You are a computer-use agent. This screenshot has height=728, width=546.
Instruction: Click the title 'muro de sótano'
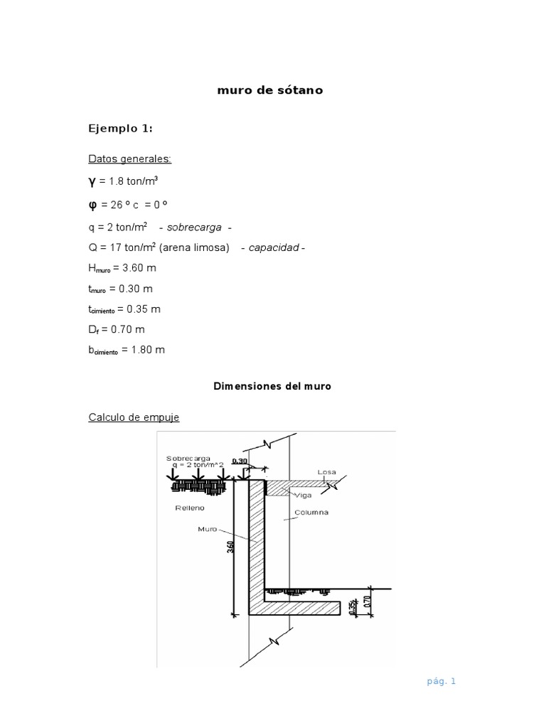click(x=269, y=91)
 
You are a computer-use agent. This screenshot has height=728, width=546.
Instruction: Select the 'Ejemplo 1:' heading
click(x=120, y=129)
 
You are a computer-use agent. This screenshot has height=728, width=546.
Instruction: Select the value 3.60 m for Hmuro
click(x=141, y=268)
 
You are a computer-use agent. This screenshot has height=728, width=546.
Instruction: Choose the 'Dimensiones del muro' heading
click(x=272, y=387)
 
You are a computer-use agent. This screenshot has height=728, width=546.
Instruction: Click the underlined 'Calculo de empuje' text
click(x=134, y=417)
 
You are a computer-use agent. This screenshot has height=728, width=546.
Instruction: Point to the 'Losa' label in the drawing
click(x=326, y=471)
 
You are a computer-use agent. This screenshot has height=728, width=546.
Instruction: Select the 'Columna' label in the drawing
click(x=314, y=512)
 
